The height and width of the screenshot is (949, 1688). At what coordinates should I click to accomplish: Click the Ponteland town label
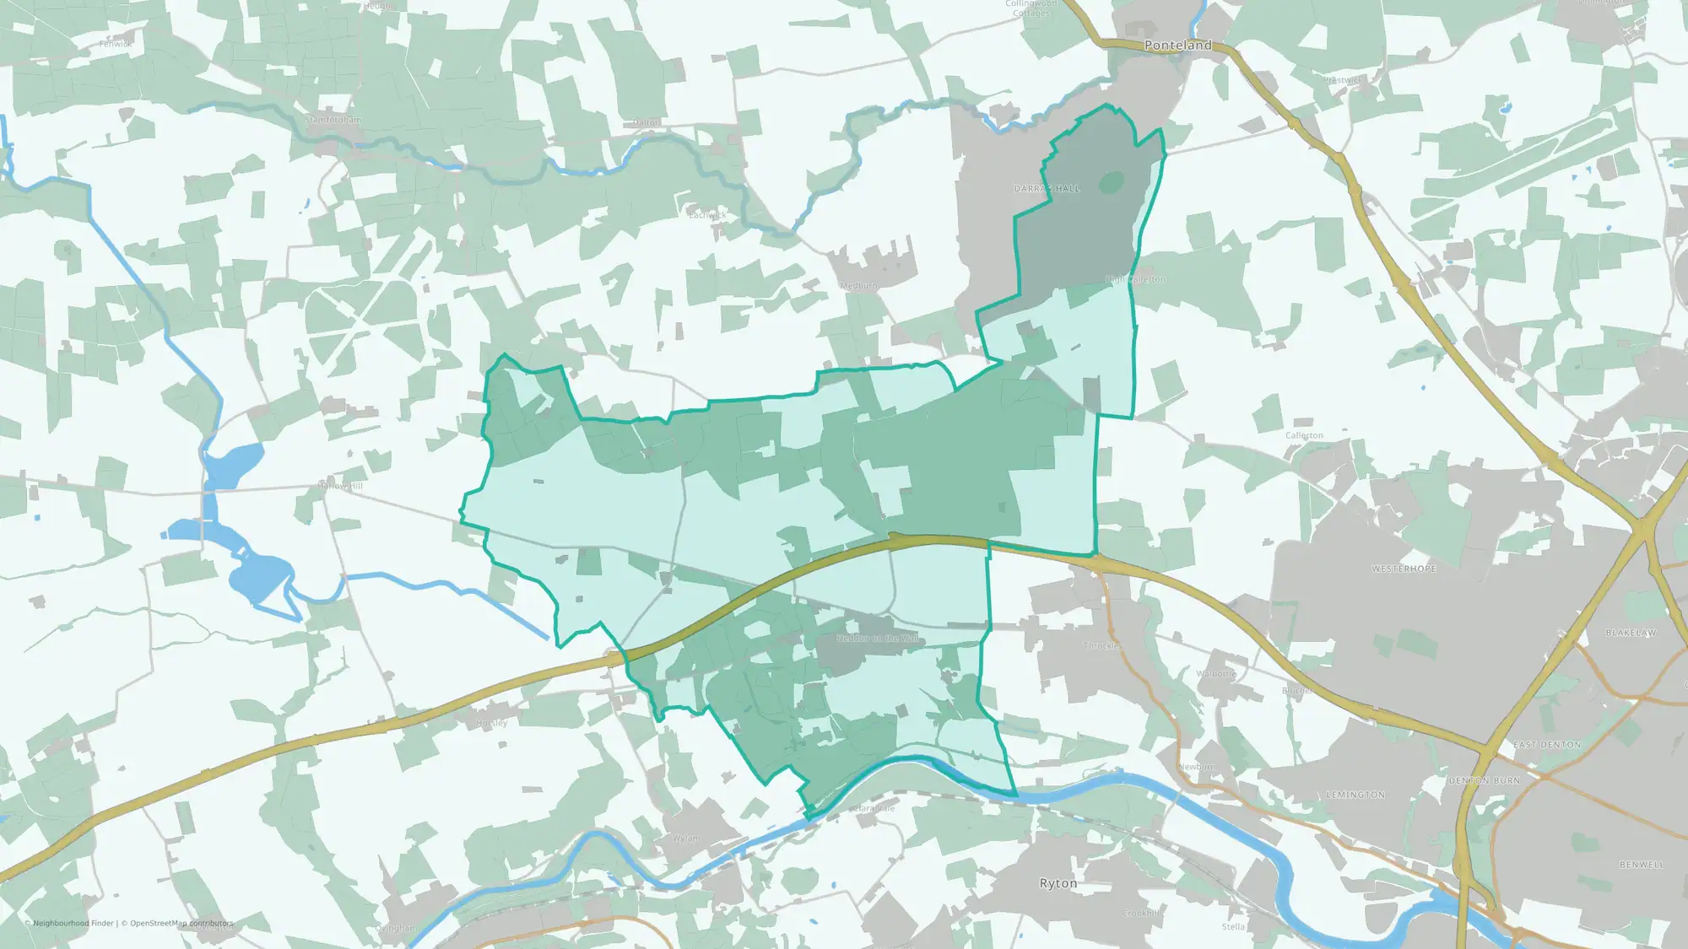(x=1177, y=46)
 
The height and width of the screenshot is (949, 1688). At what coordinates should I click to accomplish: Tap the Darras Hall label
(x=1047, y=189)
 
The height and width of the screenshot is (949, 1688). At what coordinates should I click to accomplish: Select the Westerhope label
(x=1404, y=569)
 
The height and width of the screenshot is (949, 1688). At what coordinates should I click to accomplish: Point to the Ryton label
(x=1058, y=883)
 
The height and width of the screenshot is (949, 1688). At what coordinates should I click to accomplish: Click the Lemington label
(x=1355, y=795)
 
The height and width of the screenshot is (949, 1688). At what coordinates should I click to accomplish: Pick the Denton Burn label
(x=1485, y=781)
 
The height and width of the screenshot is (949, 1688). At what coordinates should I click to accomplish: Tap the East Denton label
(x=1547, y=745)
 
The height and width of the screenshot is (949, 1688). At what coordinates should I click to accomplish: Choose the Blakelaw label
(x=1631, y=633)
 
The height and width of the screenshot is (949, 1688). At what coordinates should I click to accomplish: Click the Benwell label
(x=1642, y=865)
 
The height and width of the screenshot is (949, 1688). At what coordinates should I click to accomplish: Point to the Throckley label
(x=1102, y=645)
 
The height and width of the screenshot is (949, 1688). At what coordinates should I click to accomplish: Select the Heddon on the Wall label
(x=878, y=639)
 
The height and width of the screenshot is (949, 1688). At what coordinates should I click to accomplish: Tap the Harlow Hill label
(x=340, y=486)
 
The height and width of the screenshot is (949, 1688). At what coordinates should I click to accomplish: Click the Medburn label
(x=858, y=286)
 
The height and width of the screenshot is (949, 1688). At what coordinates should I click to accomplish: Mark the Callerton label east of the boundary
(x=1304, y=436)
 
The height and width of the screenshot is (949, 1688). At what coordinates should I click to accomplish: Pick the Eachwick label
(x=707, y=215)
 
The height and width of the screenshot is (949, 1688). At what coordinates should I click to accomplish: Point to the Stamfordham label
(x=333, y=120)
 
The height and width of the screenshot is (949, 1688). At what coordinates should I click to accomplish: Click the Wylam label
(x=686, y=838)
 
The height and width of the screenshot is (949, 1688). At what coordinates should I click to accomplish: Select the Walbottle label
(x=1216, y=673)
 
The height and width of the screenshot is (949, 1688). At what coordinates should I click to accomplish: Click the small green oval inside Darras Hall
(x=1112, y=182)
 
